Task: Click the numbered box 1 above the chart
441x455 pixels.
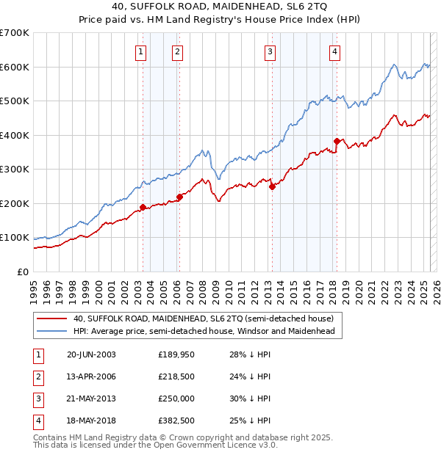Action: click(x=140, y=51)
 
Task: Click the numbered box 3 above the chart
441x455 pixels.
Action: click(x=270, y=51)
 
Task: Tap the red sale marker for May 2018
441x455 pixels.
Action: click(x=337, y=141)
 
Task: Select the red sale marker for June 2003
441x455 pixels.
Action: click(x=143, y=207)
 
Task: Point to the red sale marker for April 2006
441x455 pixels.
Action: click(x=179, y=197)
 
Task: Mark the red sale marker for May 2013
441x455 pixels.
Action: click(x=272, y=186)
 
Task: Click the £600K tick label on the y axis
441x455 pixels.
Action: click(x=15, y=67)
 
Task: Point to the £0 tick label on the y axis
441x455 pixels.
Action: click(x=24, y=272)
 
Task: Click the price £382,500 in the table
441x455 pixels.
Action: click(x=176, y=421)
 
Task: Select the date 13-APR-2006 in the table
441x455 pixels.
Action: click(x=91, y=376)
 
